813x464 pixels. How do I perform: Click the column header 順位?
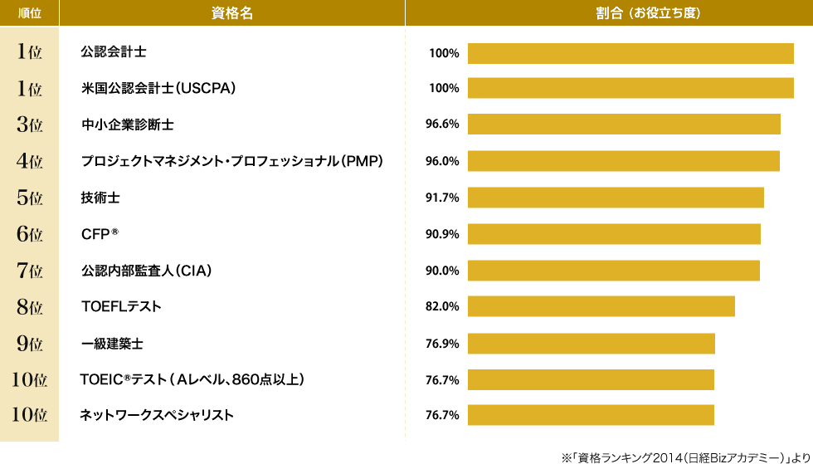click(30, 12)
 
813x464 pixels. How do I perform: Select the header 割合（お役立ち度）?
click(608, 12)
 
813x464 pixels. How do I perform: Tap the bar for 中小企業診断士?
click(624, 125)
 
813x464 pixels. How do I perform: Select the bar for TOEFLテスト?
click(601, 306)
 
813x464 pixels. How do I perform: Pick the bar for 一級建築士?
click(591, 343)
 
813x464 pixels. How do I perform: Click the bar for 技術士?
click(616, 198)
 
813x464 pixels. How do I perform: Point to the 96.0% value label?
click(442, 161)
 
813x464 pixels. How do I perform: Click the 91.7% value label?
click(442, 198)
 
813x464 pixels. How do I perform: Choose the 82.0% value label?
click(442, 306)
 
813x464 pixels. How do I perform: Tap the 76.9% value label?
click(442, 343)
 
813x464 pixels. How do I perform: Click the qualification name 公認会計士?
click(114, 52)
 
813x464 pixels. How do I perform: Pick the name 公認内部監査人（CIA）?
click(147, 270)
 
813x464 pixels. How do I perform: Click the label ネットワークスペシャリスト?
click(156, 415)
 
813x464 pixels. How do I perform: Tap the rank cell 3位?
click(30, 125)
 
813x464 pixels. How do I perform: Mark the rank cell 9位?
click(30, 343)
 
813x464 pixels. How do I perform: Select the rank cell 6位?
click(30, 234)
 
